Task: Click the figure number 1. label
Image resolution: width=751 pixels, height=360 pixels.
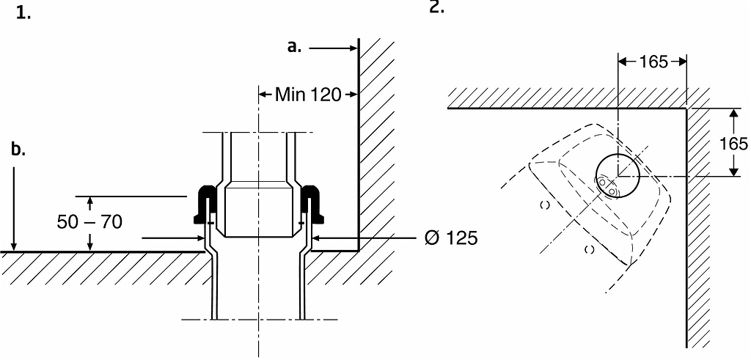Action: pyautogui.click(x=23, y=13)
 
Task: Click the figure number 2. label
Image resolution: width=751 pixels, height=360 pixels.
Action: pyautogui.click(x=436, y=7)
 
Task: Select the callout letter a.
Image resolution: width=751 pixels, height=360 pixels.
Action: pyautogui.click(x=294, y=47)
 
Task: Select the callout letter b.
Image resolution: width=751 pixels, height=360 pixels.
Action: pyautogui.click(x=18, y=150)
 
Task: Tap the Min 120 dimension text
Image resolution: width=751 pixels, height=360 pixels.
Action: pyautogui.click(x=308, y=95)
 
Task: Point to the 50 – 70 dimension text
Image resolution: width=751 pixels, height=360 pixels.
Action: pyautogui.click(x=89, y=221)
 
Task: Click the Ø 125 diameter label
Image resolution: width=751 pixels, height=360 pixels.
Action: pyautogui.click(x=451, y=238)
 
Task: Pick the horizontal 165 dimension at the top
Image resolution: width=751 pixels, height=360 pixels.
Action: pyautogui.click(x=653, y=62)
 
